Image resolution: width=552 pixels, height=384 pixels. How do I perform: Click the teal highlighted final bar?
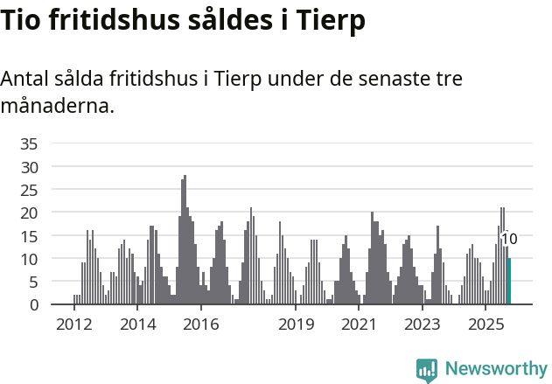(x=509, y=282)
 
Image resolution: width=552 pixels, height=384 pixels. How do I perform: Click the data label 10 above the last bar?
(x=509, y=239)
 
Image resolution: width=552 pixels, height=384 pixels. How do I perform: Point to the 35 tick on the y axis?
(x=29, y=143)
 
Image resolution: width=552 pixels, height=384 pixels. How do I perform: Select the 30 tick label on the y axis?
(x=29, y=166)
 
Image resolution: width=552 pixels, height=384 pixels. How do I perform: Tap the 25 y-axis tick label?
(x=29, y=190)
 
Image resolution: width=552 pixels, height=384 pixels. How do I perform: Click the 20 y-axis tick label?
(x=29, y=213)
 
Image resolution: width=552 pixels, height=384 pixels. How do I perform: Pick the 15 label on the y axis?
(x=29, y=236)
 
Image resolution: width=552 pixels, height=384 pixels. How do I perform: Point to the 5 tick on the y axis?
(x=33, y=282)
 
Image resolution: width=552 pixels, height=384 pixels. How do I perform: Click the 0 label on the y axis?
(x=33, y=305)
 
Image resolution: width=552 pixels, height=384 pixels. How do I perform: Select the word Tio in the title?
(x=23, y=21)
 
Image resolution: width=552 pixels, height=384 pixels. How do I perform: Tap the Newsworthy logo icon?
(x=427, y=370)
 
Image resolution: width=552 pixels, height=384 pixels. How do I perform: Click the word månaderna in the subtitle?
(x=57, y=107)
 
